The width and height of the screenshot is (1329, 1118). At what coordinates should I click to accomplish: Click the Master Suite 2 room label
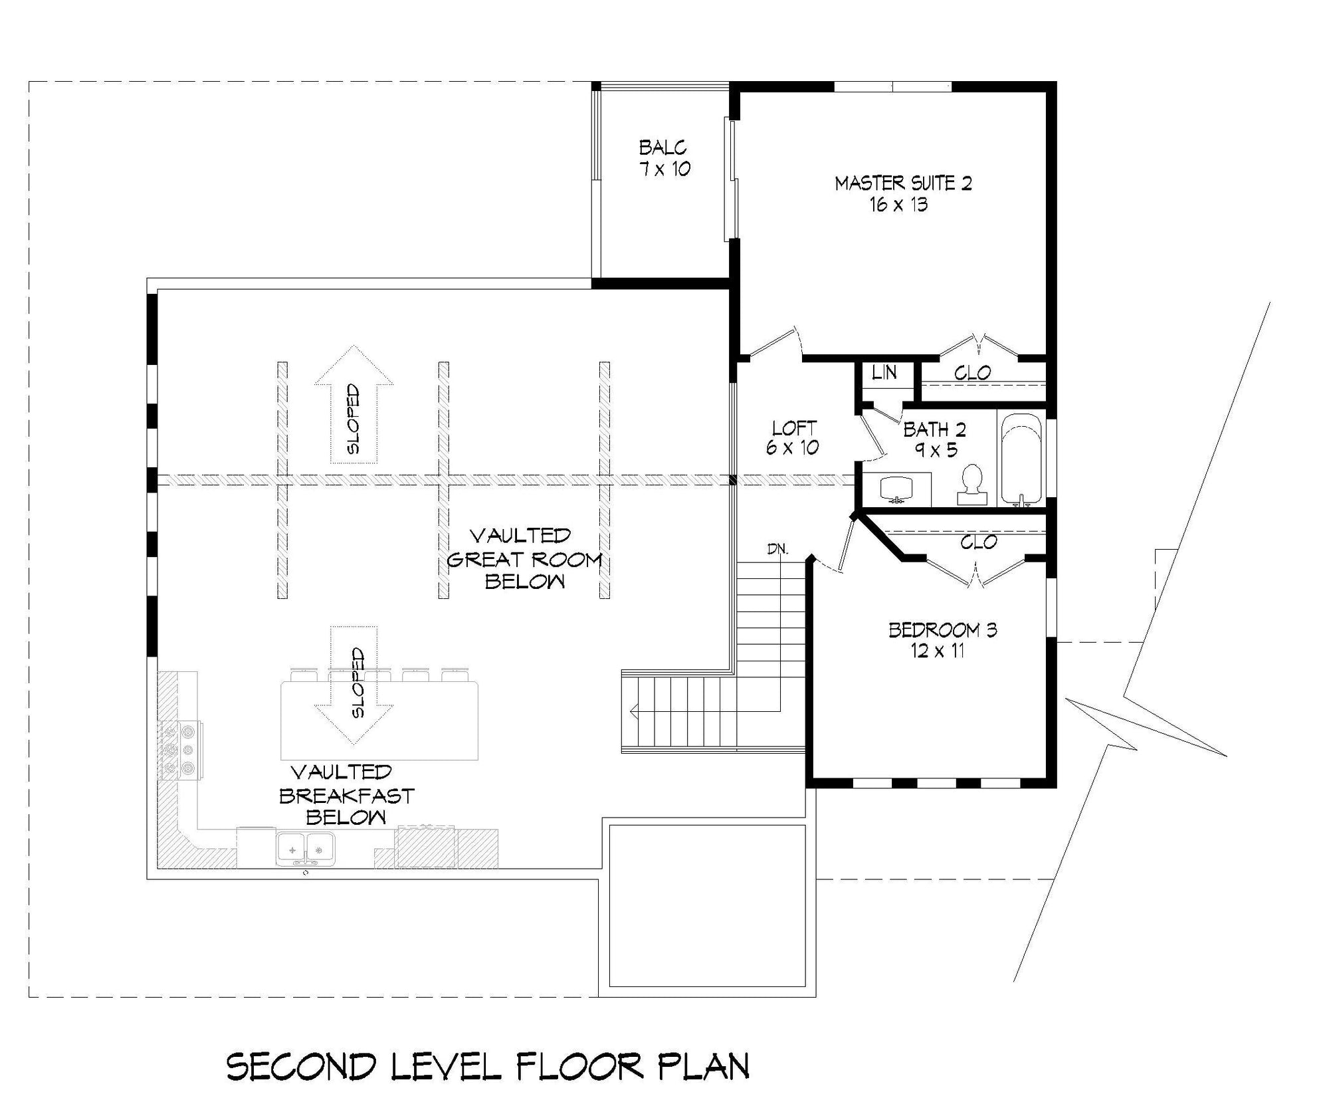point(903,193)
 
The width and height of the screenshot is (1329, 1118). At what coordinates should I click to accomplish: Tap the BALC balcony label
point(664,158)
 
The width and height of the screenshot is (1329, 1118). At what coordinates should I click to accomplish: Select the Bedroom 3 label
point(942,639)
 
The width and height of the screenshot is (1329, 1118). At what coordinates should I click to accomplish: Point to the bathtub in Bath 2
point(1021,459)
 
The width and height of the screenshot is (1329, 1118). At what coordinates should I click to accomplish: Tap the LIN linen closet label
point(884,373)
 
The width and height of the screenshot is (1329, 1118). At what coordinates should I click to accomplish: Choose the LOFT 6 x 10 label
point(793,437)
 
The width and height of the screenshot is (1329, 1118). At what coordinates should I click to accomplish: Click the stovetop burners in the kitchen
point(181,750)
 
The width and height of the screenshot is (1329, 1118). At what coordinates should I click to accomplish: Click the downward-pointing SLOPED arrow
point(354,684)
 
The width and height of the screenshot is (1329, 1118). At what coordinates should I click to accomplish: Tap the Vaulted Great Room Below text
point(524,558)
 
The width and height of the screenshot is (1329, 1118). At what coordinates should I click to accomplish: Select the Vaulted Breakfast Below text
point(346,795)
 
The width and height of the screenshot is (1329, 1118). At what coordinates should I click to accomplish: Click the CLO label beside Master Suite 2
point(973,373)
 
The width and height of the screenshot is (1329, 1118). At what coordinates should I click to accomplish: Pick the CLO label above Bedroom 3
point(978,542)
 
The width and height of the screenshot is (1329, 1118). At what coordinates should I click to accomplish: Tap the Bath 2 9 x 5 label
point(934,439)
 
